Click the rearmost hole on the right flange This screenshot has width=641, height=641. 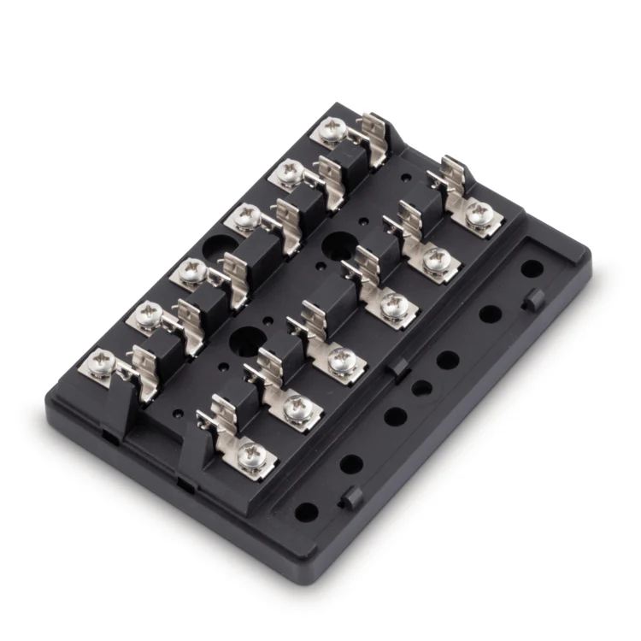pyautogui.click(x=532, y=268)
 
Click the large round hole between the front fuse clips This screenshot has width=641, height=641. pyautogui.click(x=245, y=339)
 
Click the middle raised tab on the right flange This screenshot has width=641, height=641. pyautogui.click(x=398, y=368)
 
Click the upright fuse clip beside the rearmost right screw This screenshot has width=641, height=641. pyautogui.click(x=449, y=175)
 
